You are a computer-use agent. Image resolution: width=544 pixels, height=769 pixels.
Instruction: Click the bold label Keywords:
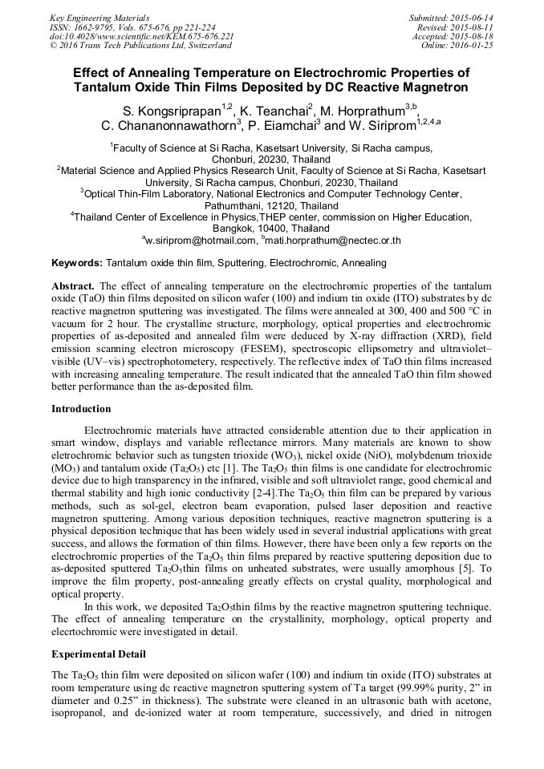77,262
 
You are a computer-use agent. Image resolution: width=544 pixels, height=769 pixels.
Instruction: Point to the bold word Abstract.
74,285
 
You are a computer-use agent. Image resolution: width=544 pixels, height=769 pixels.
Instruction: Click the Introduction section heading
81,408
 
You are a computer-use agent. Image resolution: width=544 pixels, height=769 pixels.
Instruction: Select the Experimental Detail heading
99,654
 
